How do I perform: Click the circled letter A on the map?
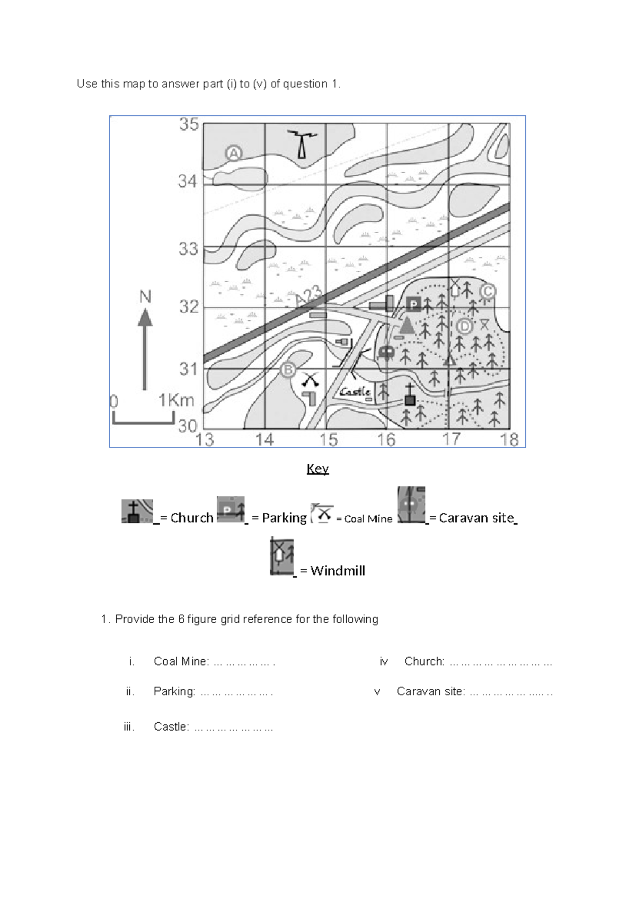coord(234,154)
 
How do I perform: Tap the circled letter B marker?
coord(288,370)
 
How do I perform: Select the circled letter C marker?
coord(487,291)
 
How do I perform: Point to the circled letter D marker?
coord(464,327)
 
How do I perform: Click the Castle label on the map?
coord(355,392)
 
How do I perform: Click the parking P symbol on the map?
coord(413,304)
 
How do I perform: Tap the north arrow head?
coord(145,318)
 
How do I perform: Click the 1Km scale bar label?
coord(176,401)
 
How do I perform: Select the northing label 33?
coord(188,248)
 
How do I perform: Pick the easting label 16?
coord(386,439)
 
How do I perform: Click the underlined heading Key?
coord(317,469)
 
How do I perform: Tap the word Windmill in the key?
coord(338,571)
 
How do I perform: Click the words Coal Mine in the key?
coord(368,519)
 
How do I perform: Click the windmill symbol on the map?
coord(455,289)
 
